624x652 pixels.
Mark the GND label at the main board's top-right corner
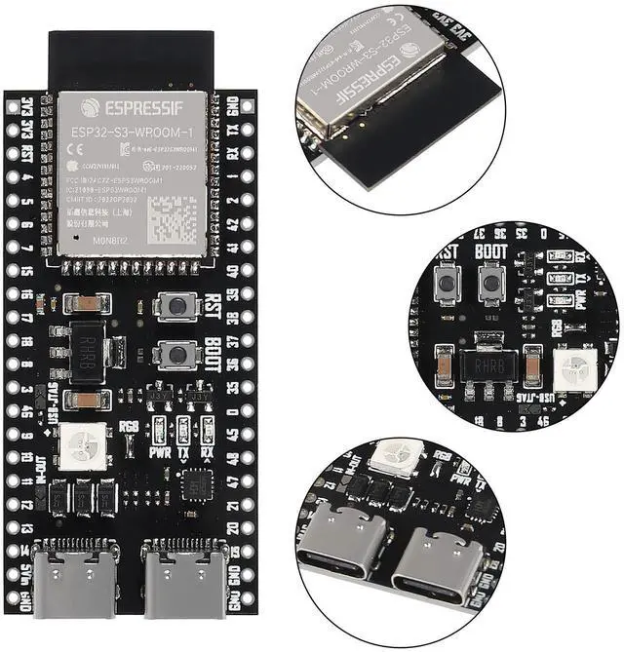(233, 104)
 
